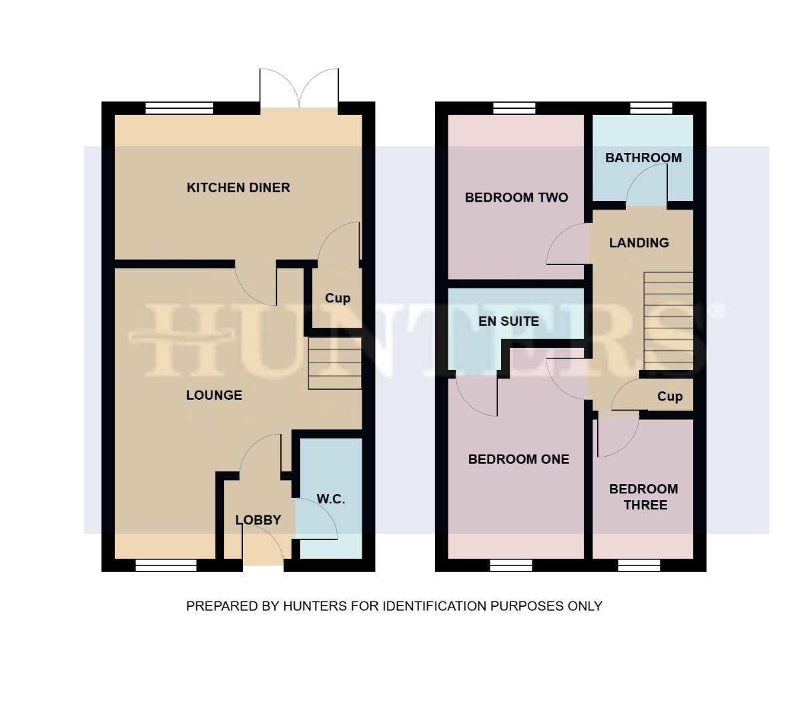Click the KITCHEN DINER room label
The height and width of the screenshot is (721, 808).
point(238,188)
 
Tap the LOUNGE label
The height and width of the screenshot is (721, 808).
point(214,395)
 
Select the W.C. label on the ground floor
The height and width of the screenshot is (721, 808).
point(331,499)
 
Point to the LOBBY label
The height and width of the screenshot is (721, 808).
point(258,520)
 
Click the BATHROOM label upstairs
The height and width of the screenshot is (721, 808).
point(643,158)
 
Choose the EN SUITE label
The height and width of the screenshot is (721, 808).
point(508,321)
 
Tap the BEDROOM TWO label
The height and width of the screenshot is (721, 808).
point(516,198)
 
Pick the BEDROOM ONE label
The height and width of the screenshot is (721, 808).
point(518,459)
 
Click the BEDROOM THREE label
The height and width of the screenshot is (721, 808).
point(644,497)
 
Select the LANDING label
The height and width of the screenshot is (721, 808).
point(639,243)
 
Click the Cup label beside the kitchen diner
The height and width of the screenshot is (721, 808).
point(337,298)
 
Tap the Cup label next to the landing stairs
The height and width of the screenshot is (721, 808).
point(669,397)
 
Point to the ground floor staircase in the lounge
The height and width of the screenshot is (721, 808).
point(335,363)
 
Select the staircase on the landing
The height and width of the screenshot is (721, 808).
point(668,321)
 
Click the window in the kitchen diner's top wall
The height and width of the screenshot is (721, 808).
point(179,108)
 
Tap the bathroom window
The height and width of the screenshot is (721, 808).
point(651,108)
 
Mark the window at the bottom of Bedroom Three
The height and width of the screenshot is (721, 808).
point(639,566)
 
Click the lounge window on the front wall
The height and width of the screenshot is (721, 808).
point(166,566)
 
